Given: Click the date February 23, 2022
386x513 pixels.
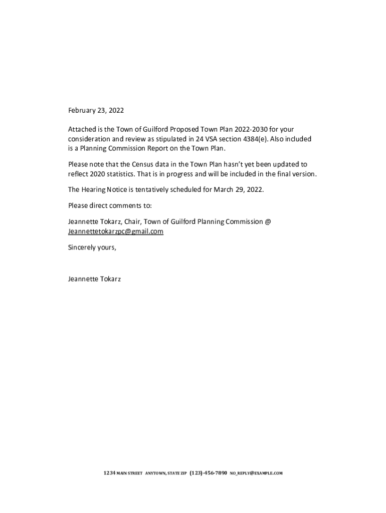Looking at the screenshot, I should (96, 110).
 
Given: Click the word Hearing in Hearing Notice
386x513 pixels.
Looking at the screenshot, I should (94, 190).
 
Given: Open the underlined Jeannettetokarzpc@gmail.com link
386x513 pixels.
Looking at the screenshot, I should (116, 231).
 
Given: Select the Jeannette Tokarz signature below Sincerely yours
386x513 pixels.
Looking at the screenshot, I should (94, 279).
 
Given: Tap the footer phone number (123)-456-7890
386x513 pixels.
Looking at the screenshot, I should (209, 473).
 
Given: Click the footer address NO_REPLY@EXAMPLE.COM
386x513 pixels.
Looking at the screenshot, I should (257, 473).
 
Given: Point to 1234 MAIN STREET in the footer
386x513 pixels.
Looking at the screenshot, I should (123, 473).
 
